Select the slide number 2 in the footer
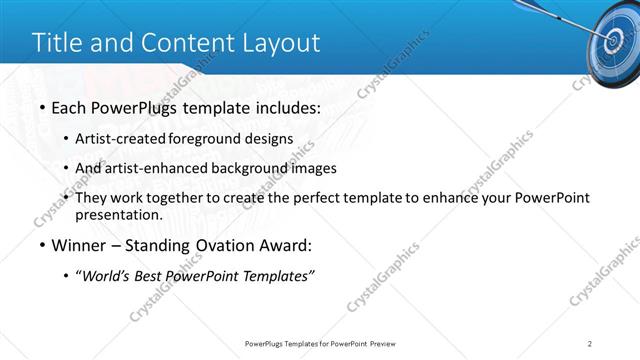coord(591,344)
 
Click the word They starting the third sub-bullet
coord(92,198)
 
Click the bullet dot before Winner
coord(41,246)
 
